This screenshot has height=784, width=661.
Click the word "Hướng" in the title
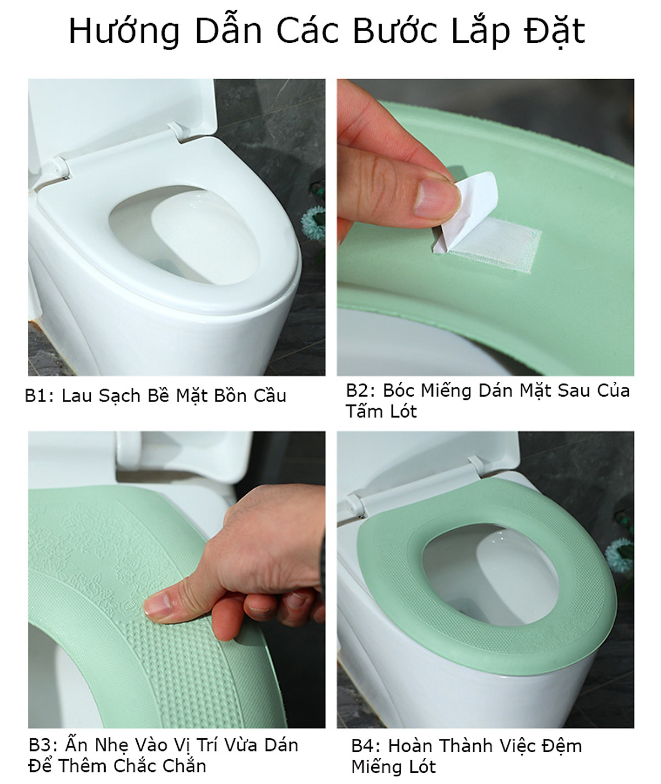124,31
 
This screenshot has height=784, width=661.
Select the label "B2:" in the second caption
361,391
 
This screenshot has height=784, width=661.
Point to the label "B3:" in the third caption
44,745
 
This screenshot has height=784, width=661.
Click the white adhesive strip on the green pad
495,244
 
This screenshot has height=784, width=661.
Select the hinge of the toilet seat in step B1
60,169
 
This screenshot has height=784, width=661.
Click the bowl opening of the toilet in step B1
185,235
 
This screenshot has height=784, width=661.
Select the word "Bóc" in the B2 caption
399,391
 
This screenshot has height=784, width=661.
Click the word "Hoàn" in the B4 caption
411,745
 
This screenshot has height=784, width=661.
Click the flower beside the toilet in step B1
314,223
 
